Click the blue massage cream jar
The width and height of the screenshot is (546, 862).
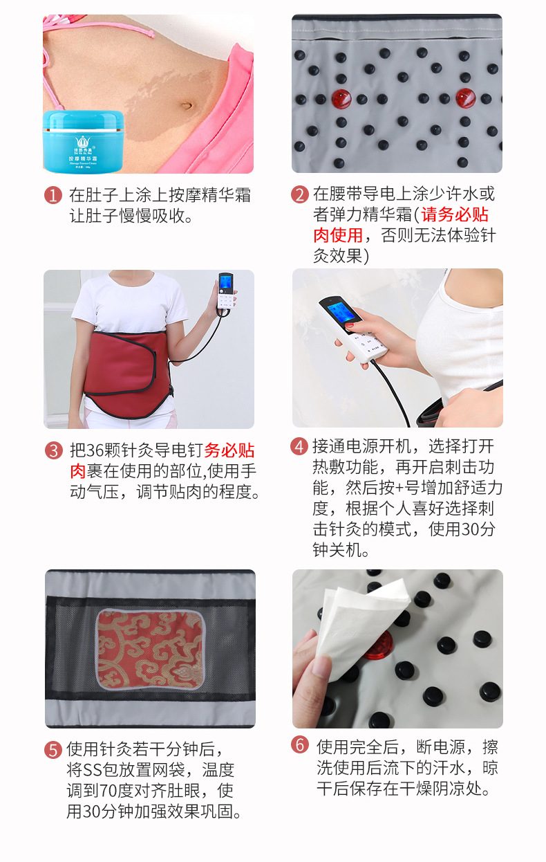(x=83, y=141)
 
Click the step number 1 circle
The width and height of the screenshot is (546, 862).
(x=53, y=196)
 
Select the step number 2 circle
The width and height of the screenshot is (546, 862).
(x=299, y=194)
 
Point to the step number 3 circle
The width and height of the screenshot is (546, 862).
(x=53, y=451)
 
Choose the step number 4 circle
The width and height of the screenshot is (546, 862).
(x=299, y=446)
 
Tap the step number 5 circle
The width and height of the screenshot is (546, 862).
(x=53, y=750)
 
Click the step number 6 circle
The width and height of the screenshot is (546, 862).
(x=299, y=745)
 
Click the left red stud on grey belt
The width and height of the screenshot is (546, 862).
(x=341, y=98)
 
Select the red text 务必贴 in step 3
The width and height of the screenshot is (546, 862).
(x=229, y=451)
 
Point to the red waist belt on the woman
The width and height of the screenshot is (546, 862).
(x=124, y=367)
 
